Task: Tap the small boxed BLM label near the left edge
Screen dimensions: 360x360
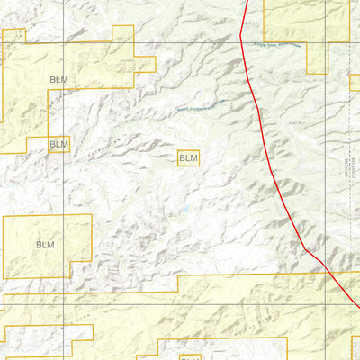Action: [58, 143]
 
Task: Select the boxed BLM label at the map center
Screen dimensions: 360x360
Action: [188, 158]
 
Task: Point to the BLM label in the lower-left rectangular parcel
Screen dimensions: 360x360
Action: [45, 244]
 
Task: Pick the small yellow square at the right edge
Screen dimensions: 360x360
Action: [355, 83]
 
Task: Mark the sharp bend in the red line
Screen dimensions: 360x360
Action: [307, 248]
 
